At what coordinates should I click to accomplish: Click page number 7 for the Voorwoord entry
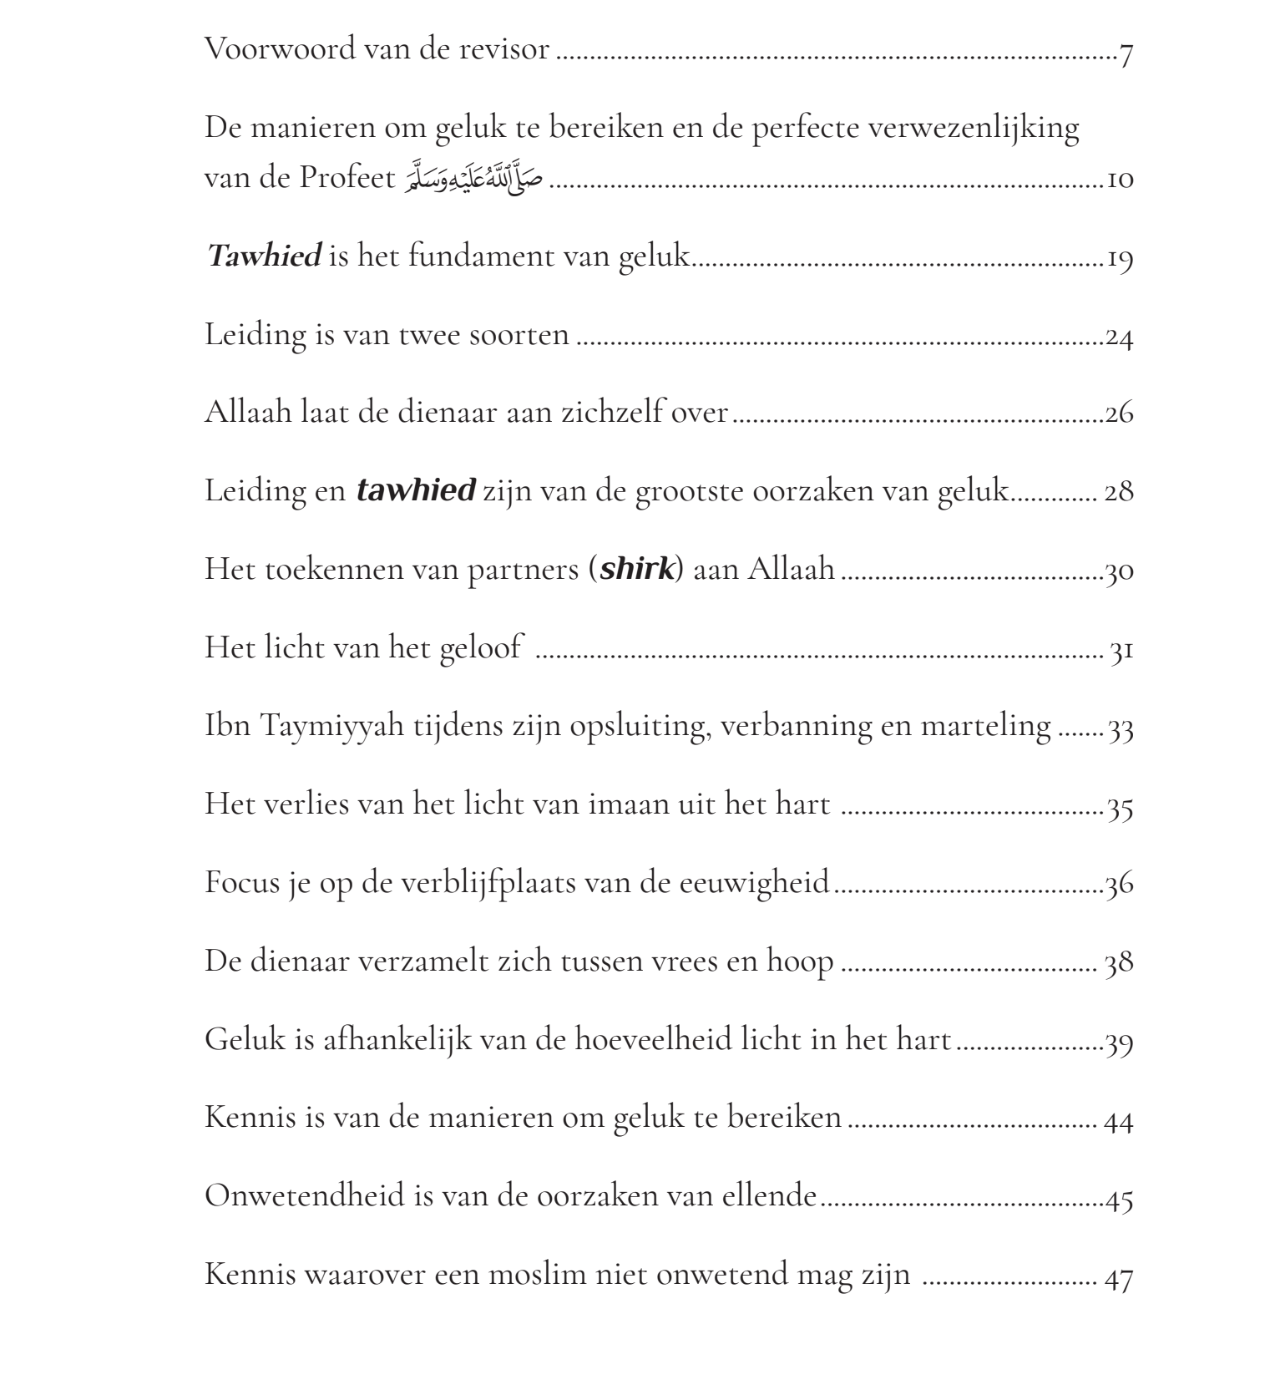1126,56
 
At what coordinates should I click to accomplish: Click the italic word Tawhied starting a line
264,256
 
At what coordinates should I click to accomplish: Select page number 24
1119,337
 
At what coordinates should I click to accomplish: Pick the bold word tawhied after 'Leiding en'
416,490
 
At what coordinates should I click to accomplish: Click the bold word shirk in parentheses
636,570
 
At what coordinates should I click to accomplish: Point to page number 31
1121,651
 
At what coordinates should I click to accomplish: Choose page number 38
1119,962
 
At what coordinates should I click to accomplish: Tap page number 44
1119,1120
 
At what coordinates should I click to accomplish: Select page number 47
1119,1279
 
